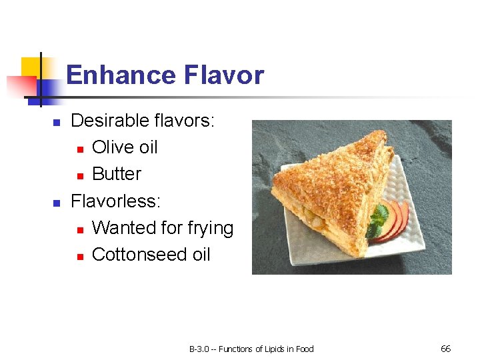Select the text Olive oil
pos(125,147)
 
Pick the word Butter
pos(117,174)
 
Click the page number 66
pos(446,349)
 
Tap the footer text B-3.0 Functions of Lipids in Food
pos(251,349)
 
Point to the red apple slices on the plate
pos(395,220)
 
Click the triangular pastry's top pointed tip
pos(379,133)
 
